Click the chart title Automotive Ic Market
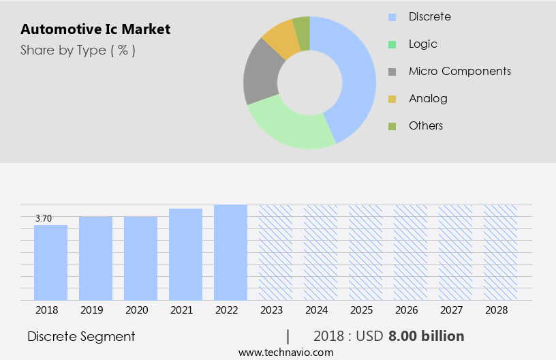[x=95, y=29]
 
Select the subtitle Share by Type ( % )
[x=78, y=50]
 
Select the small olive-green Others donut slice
[x=302, y=25]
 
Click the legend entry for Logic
[x=422, y=44]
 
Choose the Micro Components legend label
[x=459, y=71]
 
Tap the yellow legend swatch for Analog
[x=392, y=99]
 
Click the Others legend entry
[x=425, y=125]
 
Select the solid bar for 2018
[x=51, y=262]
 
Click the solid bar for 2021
[x=186, y=254]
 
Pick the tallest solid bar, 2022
[x=231, y=252]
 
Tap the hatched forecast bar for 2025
[x=366, y=252]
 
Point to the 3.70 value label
[x=44, y=218]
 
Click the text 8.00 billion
[x=426, y=336]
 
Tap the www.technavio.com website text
[x=286, y=352]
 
